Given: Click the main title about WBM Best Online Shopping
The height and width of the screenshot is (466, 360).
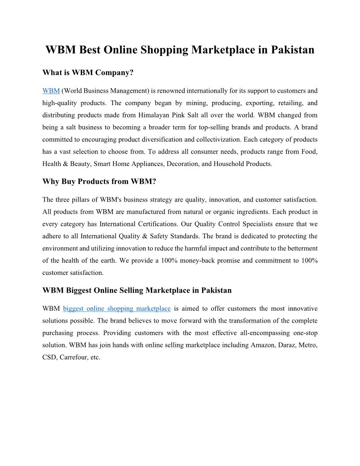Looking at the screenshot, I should point(180,50).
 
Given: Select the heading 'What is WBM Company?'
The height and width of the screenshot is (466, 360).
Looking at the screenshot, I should point(88,72).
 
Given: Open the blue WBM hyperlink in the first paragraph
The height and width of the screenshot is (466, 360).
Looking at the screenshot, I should point(51,91).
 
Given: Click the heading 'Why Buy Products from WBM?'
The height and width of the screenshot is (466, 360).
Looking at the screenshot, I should point(99,181).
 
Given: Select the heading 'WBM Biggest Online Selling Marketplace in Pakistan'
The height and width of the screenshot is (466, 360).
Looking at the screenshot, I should point(137,290).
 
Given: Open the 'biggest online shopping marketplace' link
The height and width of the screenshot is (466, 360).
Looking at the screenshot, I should point(117,309).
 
